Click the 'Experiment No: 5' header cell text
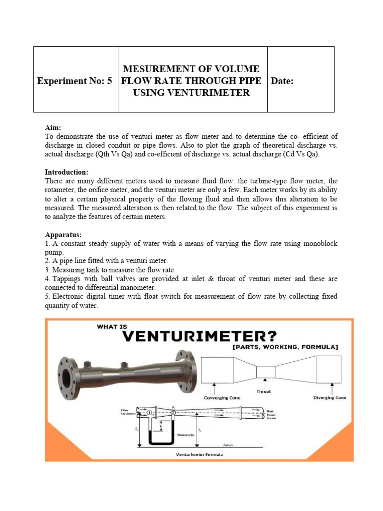75,81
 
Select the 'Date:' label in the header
282,81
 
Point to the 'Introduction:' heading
68,172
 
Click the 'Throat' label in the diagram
264,392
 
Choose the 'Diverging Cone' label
330,398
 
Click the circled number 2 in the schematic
173,413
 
